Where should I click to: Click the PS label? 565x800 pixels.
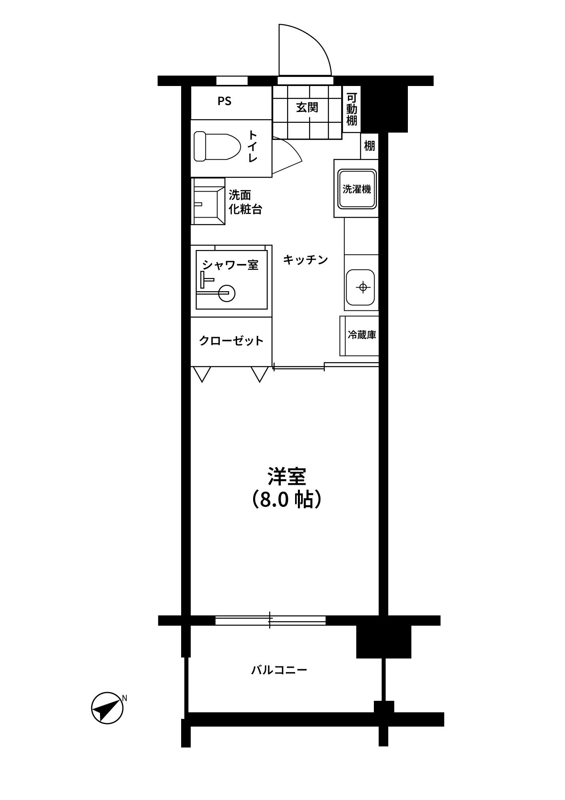(225, 102)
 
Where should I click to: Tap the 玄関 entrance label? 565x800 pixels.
(307, 107)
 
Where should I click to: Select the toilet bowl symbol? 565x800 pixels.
(217, 147)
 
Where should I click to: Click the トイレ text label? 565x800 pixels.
(253, 146)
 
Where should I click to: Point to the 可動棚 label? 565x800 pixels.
(351, 109)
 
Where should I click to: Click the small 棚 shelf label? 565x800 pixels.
(369, 146)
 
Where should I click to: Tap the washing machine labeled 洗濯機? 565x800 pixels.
(357, 189)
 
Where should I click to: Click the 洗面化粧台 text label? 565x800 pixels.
(245, 202)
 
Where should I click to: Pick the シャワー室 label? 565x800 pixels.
(230, 264)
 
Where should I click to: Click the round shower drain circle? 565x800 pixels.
(227, 293)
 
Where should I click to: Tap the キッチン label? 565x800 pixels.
(305, 260)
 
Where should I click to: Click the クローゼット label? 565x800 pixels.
(232, 341)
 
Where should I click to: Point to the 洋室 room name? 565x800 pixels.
(287, 476)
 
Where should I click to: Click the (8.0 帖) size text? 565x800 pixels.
(287, 500)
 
